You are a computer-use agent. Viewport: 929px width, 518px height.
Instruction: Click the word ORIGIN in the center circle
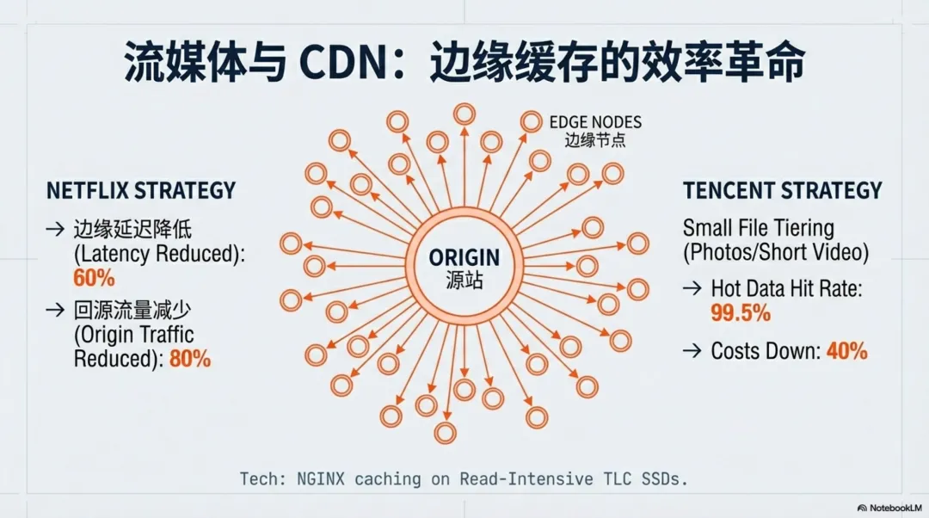[x=464, y=258]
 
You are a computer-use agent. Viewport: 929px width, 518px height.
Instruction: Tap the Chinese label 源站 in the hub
[x=464, y=280]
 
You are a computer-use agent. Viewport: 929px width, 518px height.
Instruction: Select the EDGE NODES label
[x=595, y=122]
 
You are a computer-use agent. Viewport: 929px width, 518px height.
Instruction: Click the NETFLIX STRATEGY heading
[x=141, y=190]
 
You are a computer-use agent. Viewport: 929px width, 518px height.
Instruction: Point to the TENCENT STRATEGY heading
[x=783, y=190]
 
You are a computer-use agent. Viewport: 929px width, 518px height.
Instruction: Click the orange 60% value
[x=94, y=278]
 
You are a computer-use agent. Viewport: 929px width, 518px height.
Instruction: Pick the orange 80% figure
[x=190, y=359]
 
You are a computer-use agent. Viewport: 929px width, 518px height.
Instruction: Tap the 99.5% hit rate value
[x=740, y=313]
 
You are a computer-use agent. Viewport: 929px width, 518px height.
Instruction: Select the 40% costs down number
[x=846, y=351]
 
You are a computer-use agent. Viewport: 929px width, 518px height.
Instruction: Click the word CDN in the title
[x=343, y=63]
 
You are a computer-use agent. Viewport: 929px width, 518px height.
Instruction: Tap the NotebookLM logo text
[x=895, y=508]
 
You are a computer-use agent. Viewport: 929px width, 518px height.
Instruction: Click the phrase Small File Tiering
[x=758, y=228]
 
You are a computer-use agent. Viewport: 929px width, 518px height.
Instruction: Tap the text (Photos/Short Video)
[x=775, y=253]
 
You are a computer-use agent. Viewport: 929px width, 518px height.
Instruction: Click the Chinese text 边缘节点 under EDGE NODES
[x=595, y=140]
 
